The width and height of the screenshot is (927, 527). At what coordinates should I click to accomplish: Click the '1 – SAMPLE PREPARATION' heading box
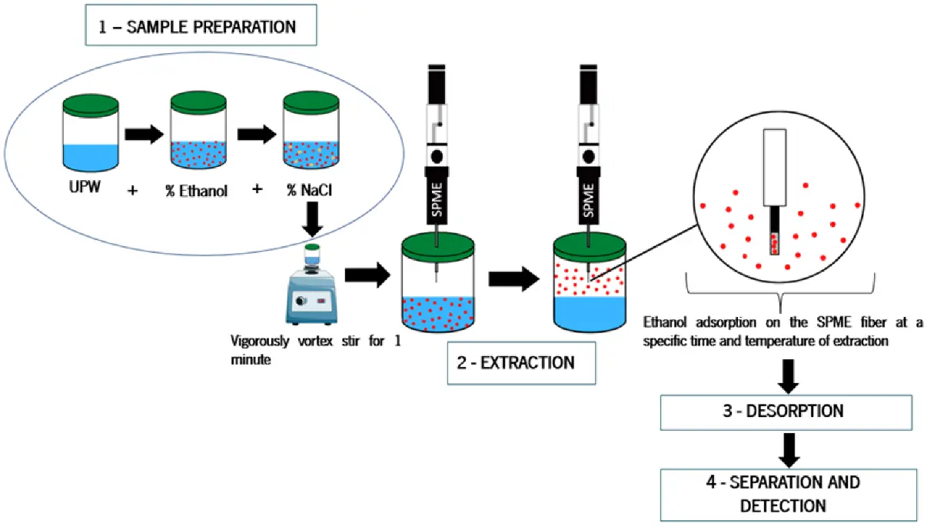(x=201, y=25)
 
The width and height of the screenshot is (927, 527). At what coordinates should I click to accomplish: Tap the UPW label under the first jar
(x=85, y=187)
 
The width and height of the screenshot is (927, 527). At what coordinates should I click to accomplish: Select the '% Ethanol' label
(x=197, y=191)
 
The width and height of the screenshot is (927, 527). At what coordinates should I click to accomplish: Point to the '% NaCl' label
(x=310, y=190)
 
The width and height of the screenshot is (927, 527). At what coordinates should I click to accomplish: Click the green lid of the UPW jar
(x=91, y=105)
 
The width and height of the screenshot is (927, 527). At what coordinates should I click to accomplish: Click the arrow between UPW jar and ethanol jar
(x=144, y=134)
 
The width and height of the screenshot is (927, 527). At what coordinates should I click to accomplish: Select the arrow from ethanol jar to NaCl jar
(x=257, y=134)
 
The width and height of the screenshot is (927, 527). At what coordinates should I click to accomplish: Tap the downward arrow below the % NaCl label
(x=312, y=219)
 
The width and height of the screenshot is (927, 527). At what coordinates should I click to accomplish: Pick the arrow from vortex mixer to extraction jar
(x=367, y=275)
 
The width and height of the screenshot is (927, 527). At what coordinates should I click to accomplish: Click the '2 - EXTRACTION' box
(x=521, y=363)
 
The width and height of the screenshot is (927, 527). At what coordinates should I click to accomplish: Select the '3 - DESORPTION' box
(x=786, y=412)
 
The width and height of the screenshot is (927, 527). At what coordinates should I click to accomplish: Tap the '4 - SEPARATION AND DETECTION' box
(x=789, y=495)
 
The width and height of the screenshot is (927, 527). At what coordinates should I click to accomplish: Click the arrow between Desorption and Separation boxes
(x=789, y=450)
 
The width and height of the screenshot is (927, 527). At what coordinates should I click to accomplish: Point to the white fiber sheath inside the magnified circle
(x=775, y=168)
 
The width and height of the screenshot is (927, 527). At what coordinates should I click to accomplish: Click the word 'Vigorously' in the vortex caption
(x=260, y=342)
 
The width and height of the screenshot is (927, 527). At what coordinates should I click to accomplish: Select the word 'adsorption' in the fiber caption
(x=726, y=322)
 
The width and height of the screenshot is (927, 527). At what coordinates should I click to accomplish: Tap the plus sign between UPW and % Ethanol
(x=132, y=191)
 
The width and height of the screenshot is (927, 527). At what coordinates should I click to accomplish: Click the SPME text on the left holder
(x=437, y=200)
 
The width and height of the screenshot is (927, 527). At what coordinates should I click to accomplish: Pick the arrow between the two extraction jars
(x=514, y=279)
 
